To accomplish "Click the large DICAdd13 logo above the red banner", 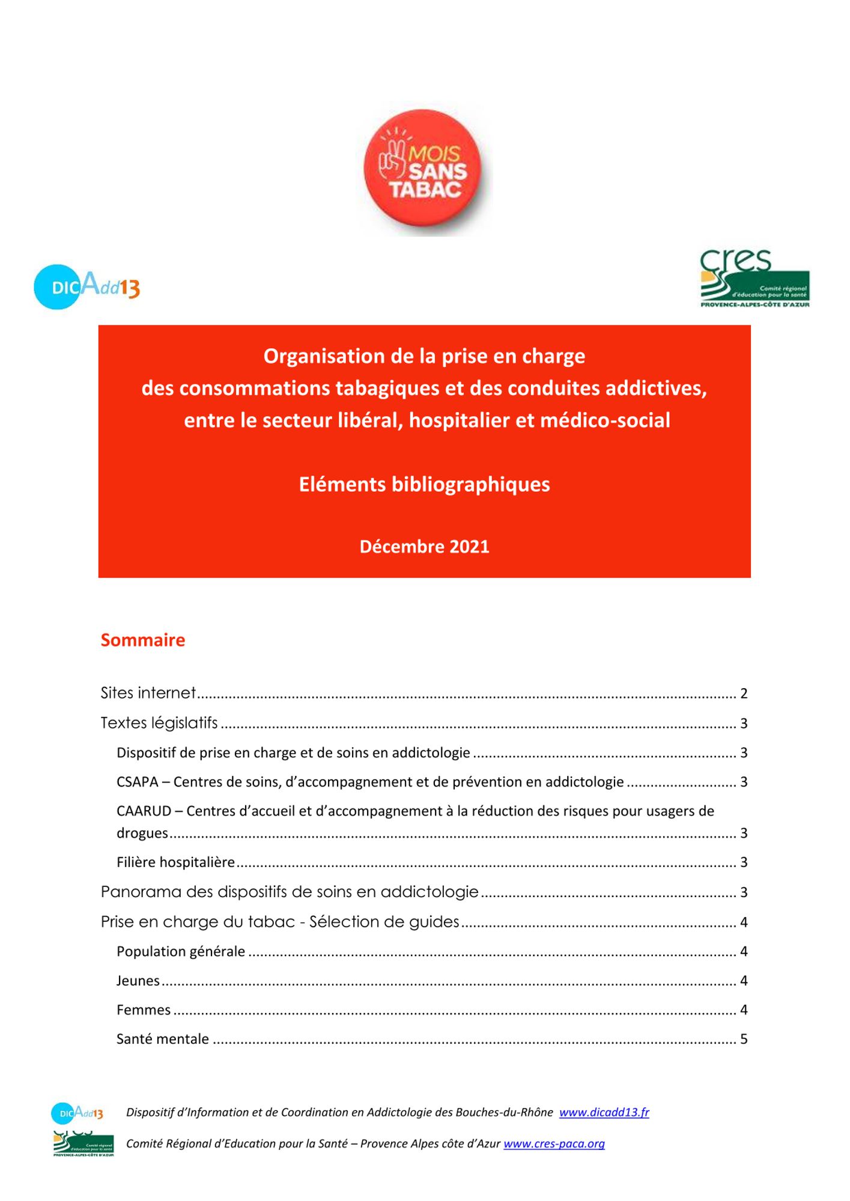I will tap(87, 287).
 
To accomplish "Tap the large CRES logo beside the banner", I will tap(754, 279).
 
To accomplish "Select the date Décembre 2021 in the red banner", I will tap(424, 546).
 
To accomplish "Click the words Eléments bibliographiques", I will tap(424, 484).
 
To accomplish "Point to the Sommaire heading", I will tap(143, 640).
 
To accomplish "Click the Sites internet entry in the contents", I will tap(148, 693).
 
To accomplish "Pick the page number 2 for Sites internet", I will tap(744, 694).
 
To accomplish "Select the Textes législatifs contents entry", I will tap(159, 723).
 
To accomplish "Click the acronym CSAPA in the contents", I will tap(137, 782).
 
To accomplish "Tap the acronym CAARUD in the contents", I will tap(144, 811).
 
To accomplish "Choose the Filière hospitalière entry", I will tap(175, 862).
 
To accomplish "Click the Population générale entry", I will tap(181, 952).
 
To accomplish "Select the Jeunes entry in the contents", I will tap(138, 981).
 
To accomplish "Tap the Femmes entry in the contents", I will tap(144, 1010).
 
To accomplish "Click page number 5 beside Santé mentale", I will tap(744, 1039).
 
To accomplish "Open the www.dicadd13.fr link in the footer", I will tap(604, 1112).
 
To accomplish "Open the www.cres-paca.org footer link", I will tap(554, 1144).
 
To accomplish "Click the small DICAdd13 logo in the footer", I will tap(77, 1113).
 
